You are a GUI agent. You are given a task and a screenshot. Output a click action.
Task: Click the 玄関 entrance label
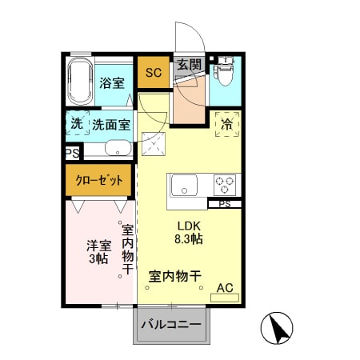click(x=189, y=66)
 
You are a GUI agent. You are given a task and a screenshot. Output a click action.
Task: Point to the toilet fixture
click(x=225, y=73)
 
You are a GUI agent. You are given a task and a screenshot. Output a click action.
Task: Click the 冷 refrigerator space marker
click(x=226, y=125)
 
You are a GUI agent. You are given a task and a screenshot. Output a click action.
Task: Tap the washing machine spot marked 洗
click(x=76, y=124)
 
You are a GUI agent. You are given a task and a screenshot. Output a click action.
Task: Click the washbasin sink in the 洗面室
click(x=118, y=149)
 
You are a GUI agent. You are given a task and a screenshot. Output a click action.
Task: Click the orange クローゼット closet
click(x=99, y=181)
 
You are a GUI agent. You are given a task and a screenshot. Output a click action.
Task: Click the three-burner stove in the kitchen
click(x=225, y=185)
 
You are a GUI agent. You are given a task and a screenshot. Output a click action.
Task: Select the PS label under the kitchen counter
click(x=224, y=203)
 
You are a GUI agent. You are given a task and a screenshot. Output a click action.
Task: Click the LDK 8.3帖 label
click(x=189, y=232)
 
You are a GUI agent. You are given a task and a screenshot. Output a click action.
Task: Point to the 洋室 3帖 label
click(x=97, y=252)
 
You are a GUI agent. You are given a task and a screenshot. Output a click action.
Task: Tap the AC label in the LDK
click(x=225, y=288)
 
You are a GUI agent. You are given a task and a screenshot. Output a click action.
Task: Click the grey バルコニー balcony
click(x=171, y=326)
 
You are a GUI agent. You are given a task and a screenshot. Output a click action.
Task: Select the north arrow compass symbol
click(x=278, y=328)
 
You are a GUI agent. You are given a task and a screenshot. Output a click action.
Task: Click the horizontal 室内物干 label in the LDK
click(x=174, y=276)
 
